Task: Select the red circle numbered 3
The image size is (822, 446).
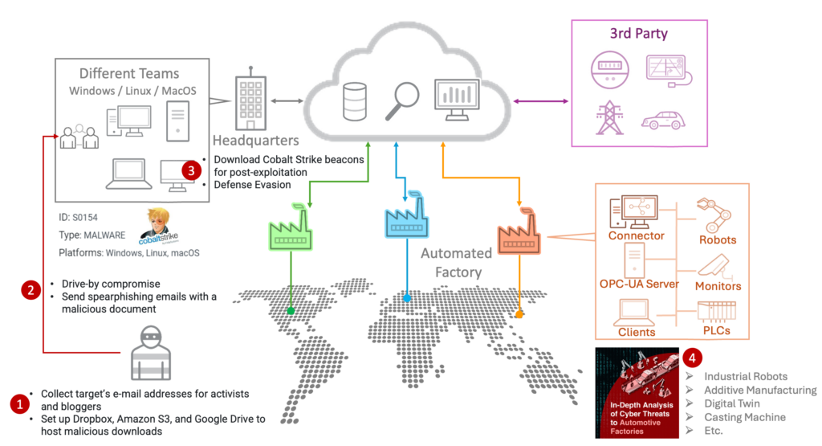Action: [x=190, y=170]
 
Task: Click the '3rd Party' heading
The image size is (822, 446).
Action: [x=639, y=34]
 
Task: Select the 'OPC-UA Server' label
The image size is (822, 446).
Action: [x=639, y=283]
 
